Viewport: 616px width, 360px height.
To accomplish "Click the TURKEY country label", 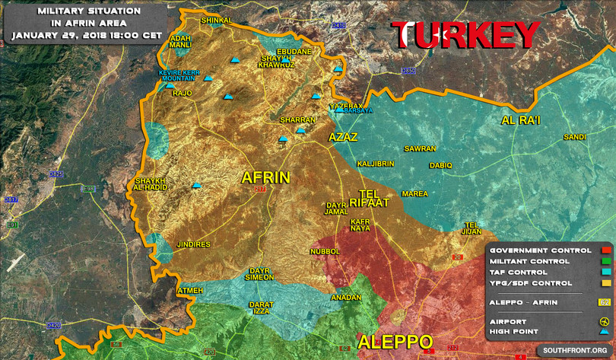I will click(x=465, y=35).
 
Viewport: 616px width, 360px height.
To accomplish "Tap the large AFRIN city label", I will click(x=265, y=177).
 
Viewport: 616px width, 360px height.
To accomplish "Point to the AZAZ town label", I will click(x=343, y=138).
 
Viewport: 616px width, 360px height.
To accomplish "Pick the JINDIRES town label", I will click(x=193, y=244).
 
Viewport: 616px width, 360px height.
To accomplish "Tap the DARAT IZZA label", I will click(x=261, y=308).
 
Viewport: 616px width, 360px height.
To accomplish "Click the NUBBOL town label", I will click(x=325, y=251).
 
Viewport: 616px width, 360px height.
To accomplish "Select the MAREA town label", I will click(x=414, y=194).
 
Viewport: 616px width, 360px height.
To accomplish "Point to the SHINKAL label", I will click(x=215, y=21).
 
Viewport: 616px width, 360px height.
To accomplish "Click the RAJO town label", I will click(x=183, y=94).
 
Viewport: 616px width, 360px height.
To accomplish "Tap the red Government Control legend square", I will click(x=605, y=250).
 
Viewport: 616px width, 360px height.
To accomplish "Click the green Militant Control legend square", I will click(x=605, y=261).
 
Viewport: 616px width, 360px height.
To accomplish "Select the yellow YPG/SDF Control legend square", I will click(x=605, y=283).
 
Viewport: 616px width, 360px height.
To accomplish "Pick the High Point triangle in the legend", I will click(x=605, y=332).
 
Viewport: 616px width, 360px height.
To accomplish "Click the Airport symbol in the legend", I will click(x=605, y=321).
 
